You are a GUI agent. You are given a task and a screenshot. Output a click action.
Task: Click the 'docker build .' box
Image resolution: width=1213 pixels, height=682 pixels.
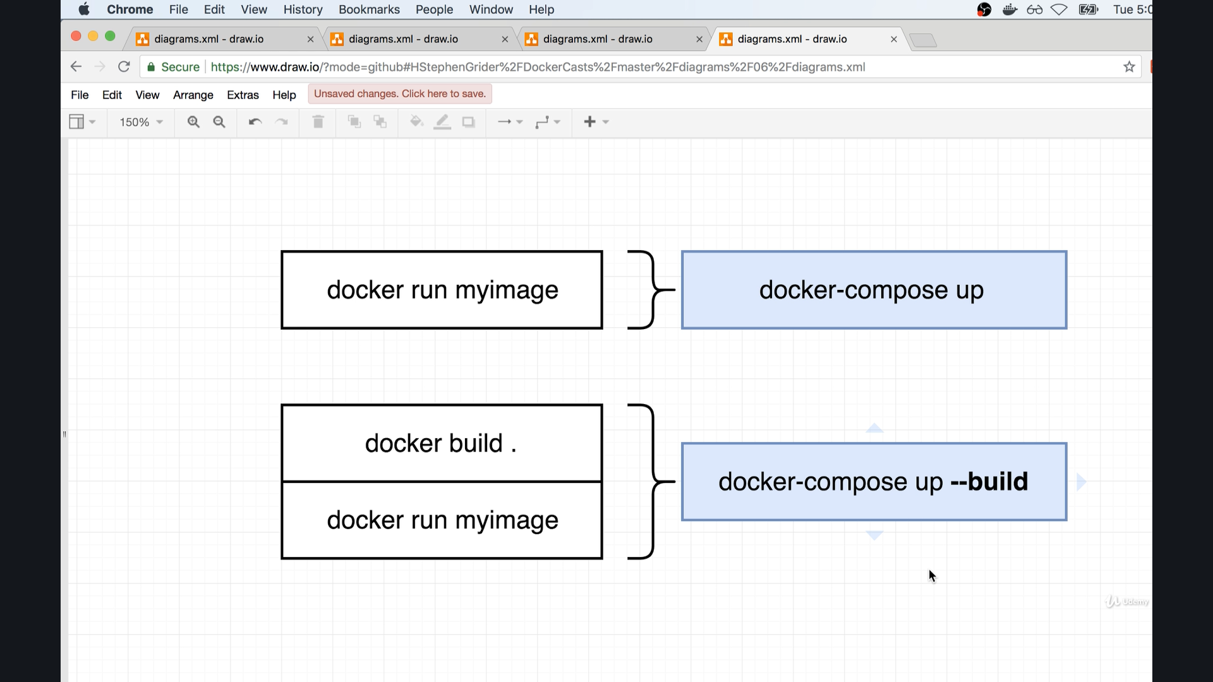(x=442, y=443)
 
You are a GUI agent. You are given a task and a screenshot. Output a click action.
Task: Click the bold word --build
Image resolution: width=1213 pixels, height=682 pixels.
(x=989, y=482)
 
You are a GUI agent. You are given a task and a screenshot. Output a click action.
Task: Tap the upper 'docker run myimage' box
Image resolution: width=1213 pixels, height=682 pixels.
(x=442, y=290)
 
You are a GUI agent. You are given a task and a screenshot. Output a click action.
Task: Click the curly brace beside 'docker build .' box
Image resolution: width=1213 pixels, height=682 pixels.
(x=651, y=482)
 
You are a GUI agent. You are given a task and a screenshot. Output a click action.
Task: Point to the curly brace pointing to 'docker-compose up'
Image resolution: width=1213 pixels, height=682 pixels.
(x=651, y=290)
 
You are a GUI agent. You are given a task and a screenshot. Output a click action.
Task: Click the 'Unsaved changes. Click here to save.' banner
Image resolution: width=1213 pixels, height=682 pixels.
(x=400, y=94)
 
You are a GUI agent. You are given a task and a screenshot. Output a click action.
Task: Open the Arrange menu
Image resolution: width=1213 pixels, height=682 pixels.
(x=193, y=95)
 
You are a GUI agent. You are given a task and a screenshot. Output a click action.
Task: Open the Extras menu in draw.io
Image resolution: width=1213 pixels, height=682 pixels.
(x=243, y=95)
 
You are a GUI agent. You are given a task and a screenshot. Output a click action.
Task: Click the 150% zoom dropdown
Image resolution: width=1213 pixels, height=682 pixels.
(x=141, y=122)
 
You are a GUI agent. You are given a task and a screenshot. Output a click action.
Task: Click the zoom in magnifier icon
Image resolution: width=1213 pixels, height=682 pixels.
(x=193, y=122)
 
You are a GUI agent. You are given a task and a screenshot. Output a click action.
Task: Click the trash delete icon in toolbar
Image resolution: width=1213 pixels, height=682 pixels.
(x=318, y=122)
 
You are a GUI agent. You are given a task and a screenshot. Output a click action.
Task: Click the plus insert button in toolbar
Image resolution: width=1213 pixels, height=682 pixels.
(x=589, y=122)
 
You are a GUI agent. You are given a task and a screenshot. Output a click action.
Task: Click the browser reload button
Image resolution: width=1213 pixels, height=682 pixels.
(x=124, y=67)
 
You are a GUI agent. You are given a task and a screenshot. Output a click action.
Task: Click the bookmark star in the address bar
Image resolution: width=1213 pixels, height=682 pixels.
(x=1129, y=67)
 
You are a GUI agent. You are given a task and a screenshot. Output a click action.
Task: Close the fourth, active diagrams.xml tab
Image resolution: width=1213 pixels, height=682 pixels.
(x=893, y=39)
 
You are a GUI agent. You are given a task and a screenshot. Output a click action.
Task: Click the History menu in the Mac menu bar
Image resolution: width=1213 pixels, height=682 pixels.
(x=303, y=9)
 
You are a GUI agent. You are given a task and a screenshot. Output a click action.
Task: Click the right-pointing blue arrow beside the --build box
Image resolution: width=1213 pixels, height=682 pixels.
(x=1082, y=482)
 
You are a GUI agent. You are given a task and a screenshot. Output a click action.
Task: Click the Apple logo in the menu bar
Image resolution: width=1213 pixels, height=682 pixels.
(x=84, y=9)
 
